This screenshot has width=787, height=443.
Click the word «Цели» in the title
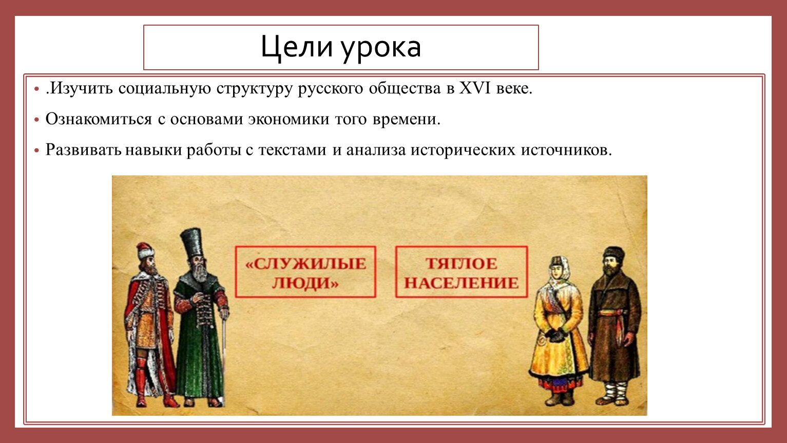click(297, 47)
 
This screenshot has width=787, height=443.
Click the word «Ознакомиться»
click(99, 119)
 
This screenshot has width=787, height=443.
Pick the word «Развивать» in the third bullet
click(83, 150)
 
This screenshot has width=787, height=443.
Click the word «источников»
click(566, 150)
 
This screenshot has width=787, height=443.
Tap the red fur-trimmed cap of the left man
click(145, 251)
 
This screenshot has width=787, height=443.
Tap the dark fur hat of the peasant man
click(614, 254)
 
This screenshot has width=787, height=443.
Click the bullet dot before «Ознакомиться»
click(36, 120)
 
